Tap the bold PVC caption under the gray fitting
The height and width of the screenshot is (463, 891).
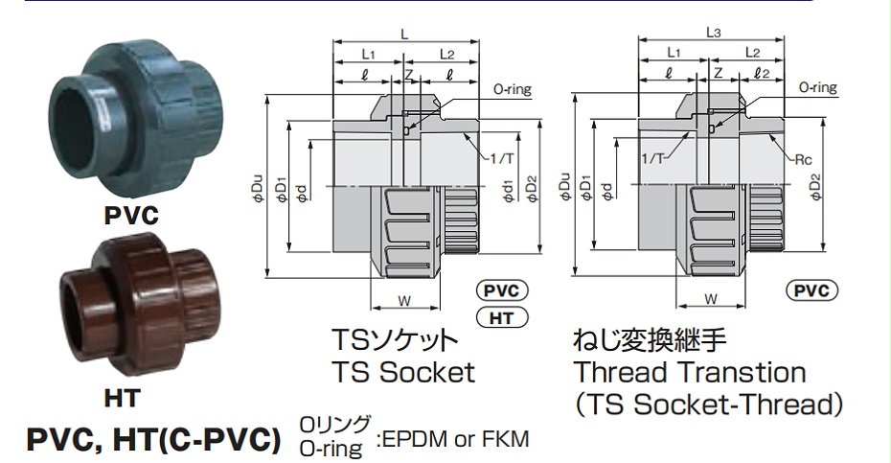(131, 217)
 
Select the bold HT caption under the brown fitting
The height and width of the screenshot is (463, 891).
(121, 397)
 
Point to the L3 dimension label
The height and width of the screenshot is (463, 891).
(713, 33)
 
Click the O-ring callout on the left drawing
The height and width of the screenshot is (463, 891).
(512, 89)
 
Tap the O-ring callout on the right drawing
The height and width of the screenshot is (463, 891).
(817, 88)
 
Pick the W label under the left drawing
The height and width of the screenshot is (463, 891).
(404, 300)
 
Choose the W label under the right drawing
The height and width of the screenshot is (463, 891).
(711, 300)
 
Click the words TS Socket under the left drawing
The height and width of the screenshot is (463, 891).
(402, 372)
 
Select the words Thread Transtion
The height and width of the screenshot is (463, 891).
(689, 372)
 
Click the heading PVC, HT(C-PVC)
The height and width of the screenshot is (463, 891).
(153, 440)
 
